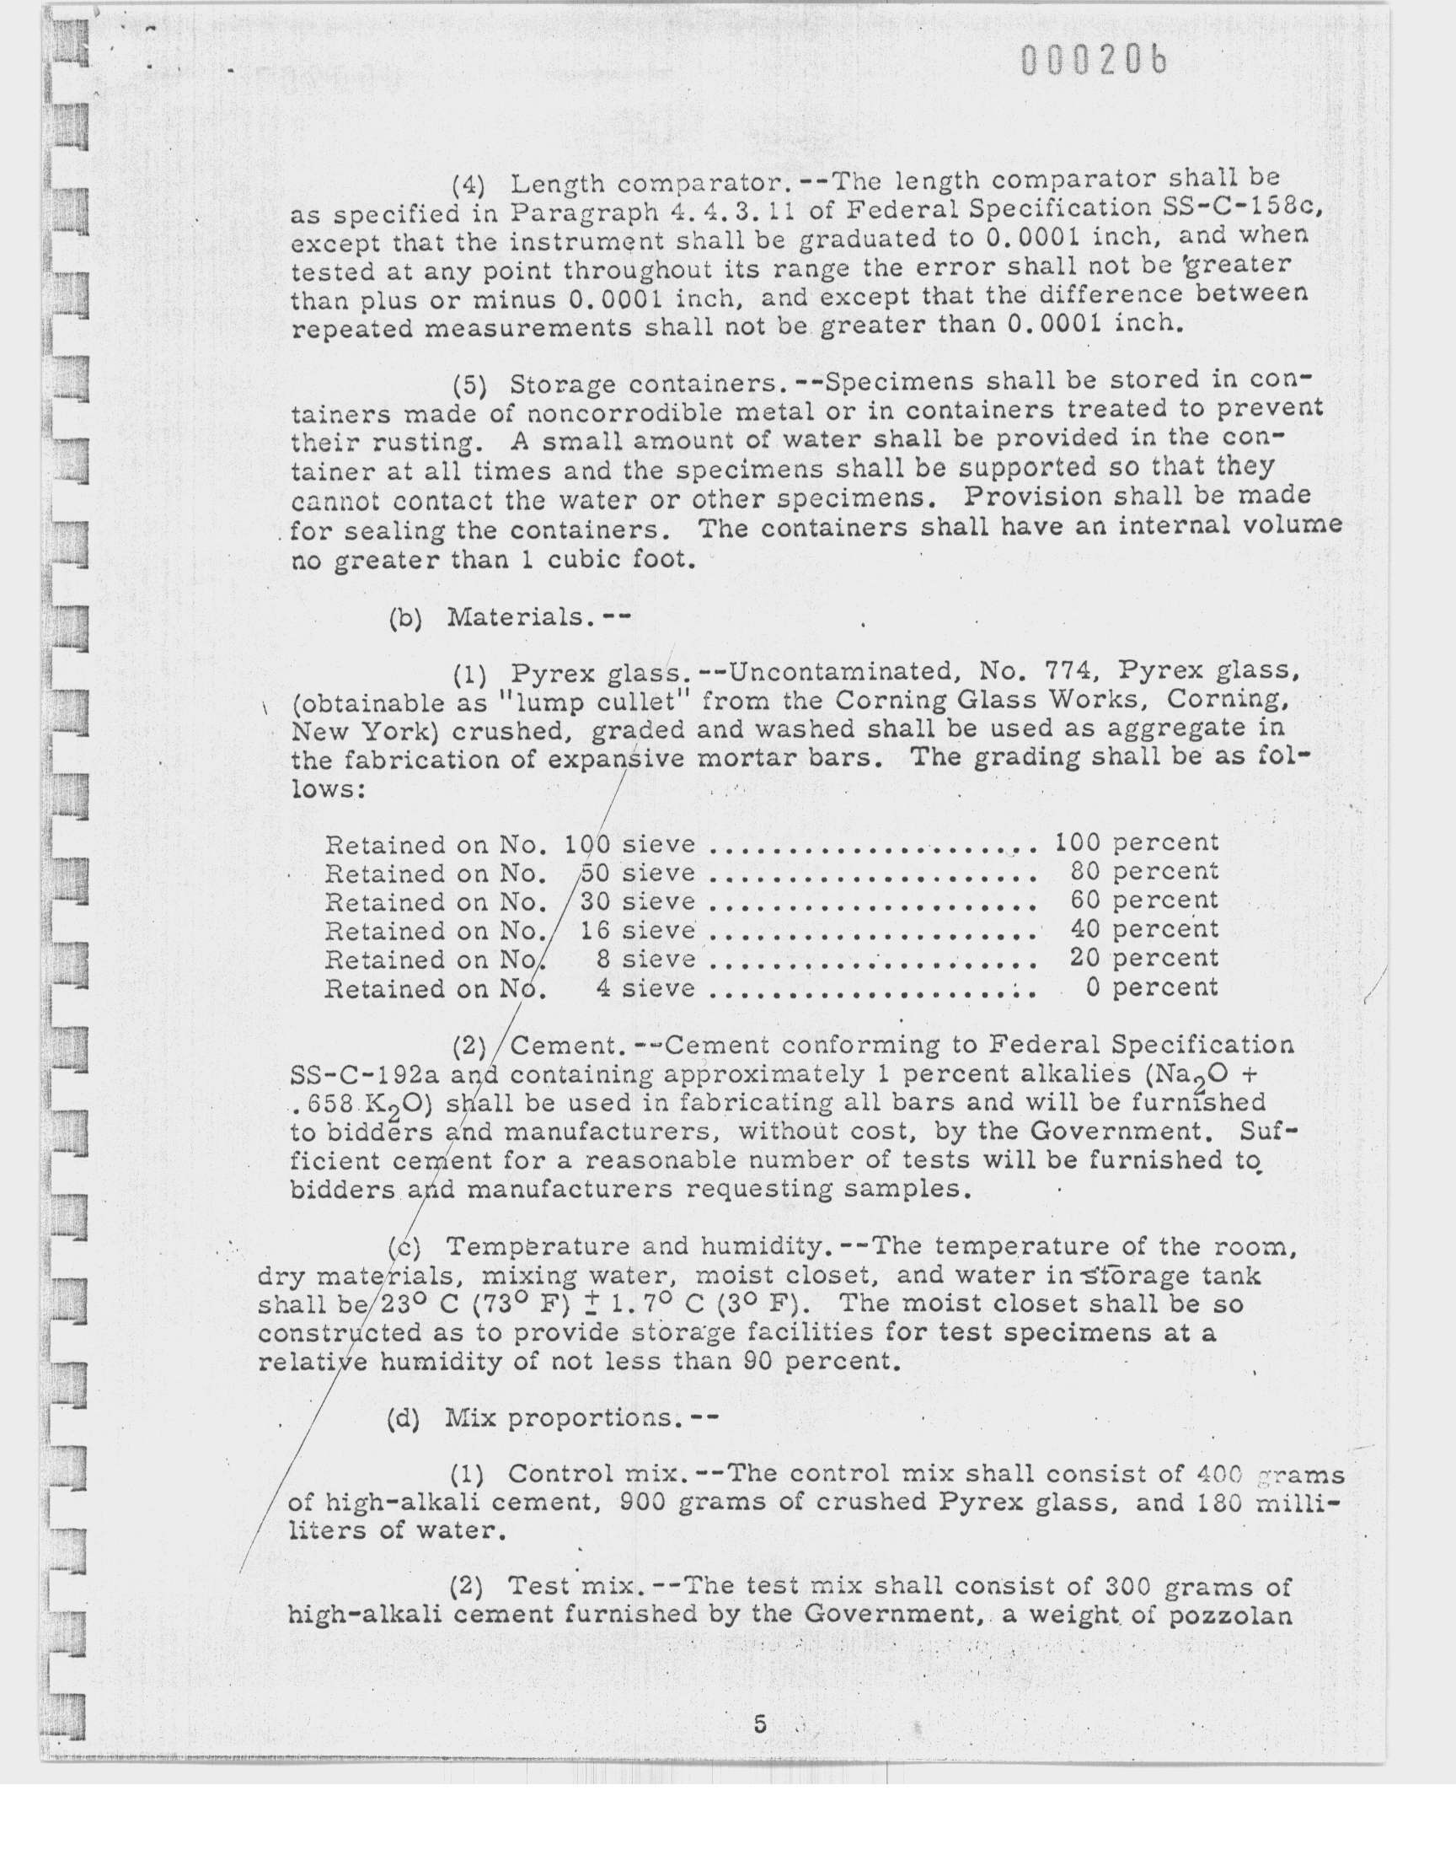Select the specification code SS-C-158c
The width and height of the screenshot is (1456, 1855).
[1242, 207]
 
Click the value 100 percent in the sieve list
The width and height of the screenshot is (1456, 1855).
[1137, 842]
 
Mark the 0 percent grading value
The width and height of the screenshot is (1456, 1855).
[1152, 987]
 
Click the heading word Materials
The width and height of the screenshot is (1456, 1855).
[515, 616]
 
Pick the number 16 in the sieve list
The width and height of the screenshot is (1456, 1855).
[594, 930]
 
